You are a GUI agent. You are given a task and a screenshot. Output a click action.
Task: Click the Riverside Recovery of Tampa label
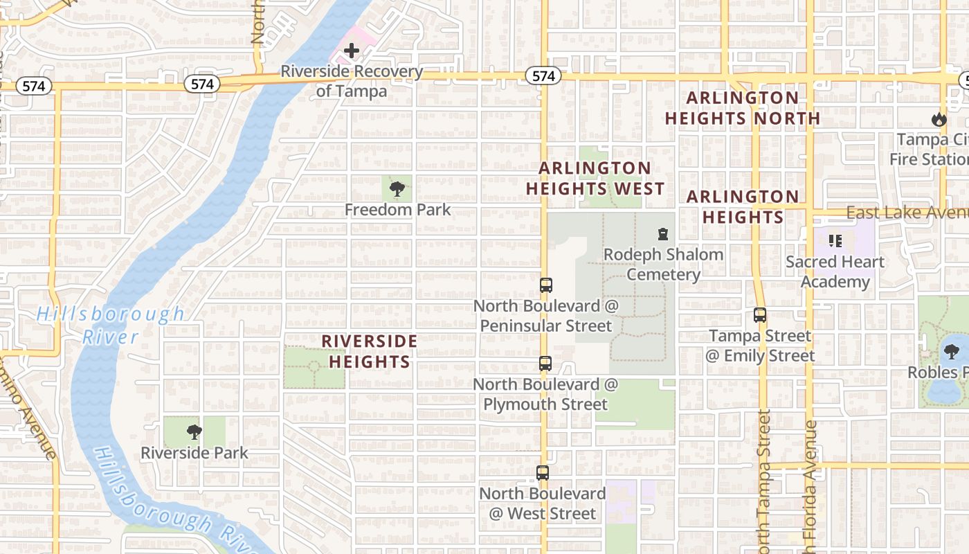tap(352, 81)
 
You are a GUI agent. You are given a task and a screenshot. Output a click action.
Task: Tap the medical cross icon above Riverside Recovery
tap(352, 51)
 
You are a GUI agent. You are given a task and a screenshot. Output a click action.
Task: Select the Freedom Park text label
tap(397, 210)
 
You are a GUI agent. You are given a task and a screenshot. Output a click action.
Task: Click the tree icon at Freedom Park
tap(397, 188)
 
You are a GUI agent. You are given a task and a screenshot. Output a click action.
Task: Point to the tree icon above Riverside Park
tap(194, 432)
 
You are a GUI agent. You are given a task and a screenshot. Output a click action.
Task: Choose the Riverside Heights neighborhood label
tap(370, 352)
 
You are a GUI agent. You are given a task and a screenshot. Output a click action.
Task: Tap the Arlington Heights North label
tap(742, 108)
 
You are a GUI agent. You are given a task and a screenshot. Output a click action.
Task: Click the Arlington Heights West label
tap(595, 179)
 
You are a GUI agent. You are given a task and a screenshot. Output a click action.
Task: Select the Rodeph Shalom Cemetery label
tap(663, 265)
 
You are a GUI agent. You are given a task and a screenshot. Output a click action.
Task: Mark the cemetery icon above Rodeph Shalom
tap(663, 234)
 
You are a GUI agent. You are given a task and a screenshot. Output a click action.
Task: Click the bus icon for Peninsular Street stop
tap(545, 285)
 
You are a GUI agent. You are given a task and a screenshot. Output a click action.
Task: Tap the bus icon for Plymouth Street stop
tap(545, 363)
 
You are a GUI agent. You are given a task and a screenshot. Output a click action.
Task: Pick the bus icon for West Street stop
tap(543, 473)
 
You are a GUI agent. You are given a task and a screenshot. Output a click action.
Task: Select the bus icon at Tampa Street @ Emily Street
tap(760, 315)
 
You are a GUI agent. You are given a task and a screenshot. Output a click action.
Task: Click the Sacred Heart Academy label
tap(835, 272)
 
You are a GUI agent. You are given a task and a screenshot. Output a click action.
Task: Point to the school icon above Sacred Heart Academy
tap(835, 241)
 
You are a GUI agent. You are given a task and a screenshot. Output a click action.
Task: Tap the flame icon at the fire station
tap(939, 119)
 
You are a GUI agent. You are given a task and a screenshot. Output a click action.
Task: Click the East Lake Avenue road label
tap(907, 213)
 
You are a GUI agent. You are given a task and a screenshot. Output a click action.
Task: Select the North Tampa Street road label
tap(763, 478)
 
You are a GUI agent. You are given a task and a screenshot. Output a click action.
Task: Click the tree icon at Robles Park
tap(952, 352)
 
